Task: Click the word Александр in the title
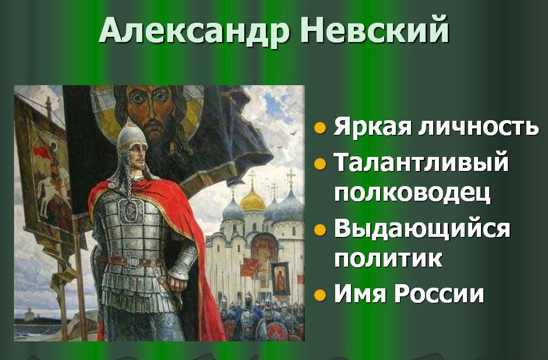194,29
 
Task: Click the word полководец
412,192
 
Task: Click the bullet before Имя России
320,295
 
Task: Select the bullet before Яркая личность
320,128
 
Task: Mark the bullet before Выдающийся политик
320,229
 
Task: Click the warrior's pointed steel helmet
132,135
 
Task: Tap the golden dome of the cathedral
252,200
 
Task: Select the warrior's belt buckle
133,261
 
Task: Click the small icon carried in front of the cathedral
281,278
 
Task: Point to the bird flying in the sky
293,133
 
